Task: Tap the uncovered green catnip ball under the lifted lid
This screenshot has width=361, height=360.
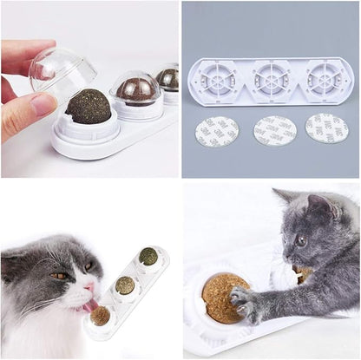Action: pos(89,106)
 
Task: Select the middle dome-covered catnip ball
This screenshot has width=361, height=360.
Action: pos(136,89)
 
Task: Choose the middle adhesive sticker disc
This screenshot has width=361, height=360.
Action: pos(274,131)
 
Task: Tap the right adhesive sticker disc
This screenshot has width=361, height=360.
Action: pos(327,128)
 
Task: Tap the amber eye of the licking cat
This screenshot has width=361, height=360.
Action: pos(56,276)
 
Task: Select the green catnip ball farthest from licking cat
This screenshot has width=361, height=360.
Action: pos(148,256)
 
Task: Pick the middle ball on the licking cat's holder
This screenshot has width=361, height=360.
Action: pos(126,285)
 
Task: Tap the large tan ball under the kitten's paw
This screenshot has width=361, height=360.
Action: pos(224,298)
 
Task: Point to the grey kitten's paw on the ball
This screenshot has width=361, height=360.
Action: pos(244,301)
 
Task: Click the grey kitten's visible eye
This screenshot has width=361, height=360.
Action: pos(300,241)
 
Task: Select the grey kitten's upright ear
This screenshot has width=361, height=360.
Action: pos(319,206)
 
